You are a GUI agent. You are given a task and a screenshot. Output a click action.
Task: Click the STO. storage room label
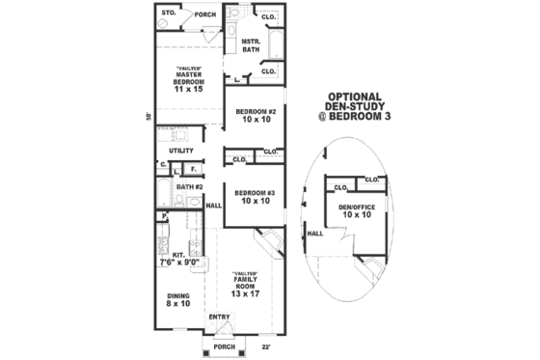pos(166,14)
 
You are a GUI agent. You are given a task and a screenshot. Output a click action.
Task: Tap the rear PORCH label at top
pos(204,15)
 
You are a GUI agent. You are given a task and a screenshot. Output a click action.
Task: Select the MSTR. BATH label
pos(252,45)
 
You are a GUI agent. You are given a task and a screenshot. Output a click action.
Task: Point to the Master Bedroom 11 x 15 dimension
pos(189,89)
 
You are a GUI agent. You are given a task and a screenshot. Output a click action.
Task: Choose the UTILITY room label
pos(182,151)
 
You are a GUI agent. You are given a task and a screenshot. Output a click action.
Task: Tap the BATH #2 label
pos(188,185)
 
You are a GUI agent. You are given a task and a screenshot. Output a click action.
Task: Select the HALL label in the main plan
pos(214,205)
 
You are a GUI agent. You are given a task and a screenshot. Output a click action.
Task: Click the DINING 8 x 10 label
pos(177,300)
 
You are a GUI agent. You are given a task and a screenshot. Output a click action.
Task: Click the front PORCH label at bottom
pos(224,346)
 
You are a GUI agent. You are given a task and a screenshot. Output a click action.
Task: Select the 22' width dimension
pos(265,345)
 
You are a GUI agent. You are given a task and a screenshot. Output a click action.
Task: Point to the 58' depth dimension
pos(148,117)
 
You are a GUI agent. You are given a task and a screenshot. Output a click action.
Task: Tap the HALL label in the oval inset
pos(315,234)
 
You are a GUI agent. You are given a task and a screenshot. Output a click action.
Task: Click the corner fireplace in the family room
pos(267,242)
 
